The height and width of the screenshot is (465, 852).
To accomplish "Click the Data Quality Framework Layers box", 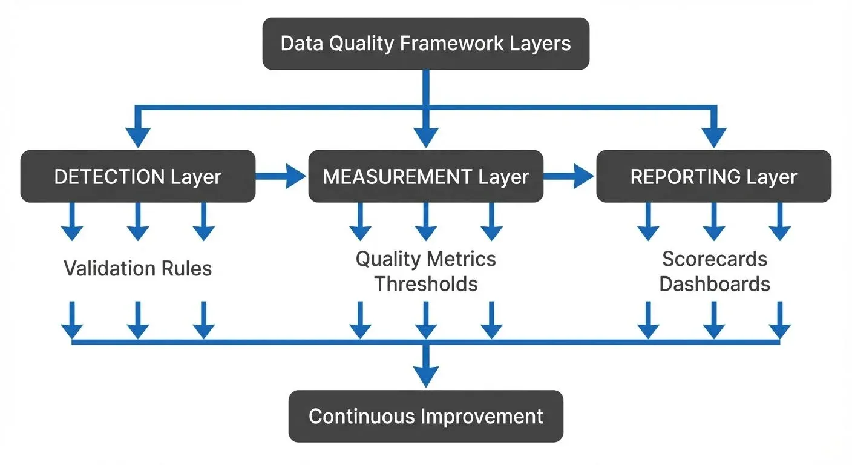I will tap(425, 44).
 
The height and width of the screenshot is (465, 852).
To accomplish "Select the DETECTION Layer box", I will tap(138, 176).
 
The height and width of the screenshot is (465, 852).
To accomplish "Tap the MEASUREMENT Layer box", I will tap(425, 176).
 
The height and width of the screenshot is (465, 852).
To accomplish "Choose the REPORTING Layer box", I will tap(713, 176).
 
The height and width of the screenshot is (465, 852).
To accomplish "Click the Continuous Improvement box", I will tap(425, 417).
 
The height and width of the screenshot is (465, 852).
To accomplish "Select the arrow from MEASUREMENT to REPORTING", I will tap(569, 176).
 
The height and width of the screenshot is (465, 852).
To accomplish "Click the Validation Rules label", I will tap(138, 268).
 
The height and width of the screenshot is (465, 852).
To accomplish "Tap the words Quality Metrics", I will tap(425, 259).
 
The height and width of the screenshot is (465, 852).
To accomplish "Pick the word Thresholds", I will tap(425, 283).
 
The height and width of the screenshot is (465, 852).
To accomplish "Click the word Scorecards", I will tap(714, 259).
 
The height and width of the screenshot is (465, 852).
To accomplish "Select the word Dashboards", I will tap(714, 283).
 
